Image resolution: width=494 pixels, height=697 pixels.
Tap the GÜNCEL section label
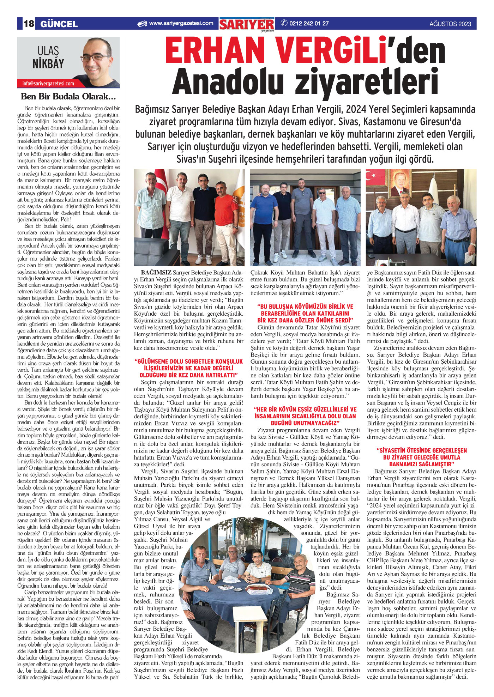tap(59, 24)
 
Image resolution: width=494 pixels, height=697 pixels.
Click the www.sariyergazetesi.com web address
tap(181, 23)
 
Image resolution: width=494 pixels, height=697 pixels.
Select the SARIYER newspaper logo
tap(247, 24)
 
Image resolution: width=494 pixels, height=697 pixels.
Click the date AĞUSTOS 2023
tap(450, 24)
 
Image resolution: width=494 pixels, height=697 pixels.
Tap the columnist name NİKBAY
tap(48, 64)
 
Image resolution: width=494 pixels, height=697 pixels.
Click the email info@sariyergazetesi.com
tap(48, 84)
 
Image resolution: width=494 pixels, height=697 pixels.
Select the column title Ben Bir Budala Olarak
tap(68, 96)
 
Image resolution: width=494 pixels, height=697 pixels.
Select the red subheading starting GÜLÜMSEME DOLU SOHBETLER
tap(189, 368)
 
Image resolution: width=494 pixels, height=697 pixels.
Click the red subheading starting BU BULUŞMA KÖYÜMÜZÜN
tap(305, 313)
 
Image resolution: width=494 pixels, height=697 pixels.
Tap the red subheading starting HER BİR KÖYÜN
tap(305, 416)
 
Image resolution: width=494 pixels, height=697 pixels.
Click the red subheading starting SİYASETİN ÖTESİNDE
tap(422, 457)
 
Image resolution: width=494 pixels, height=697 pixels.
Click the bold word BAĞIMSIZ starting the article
tap(156, 273)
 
